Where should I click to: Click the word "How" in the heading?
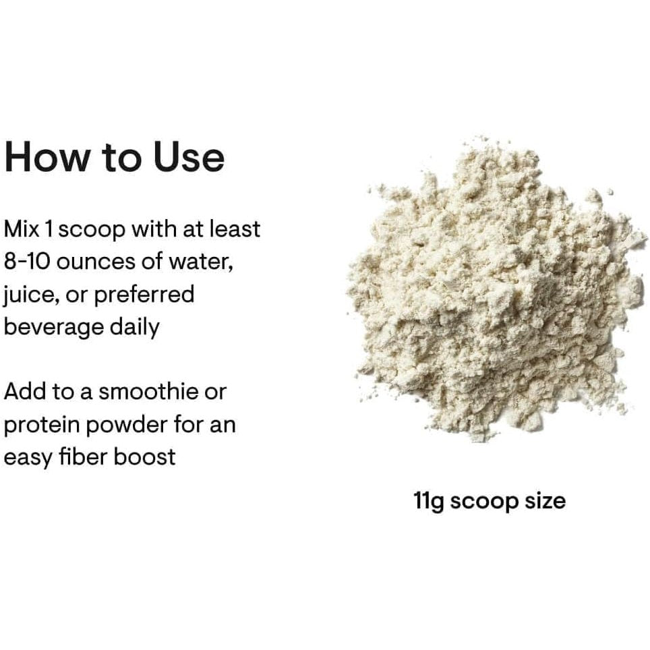(47, 157)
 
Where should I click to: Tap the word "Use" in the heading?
(189, 157)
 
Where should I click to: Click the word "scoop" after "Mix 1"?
(91, 231)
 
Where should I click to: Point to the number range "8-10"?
(26, 262)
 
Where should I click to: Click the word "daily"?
(135, 328)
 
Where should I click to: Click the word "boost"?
(144, 456)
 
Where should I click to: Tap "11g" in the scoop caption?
(429, 502)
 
